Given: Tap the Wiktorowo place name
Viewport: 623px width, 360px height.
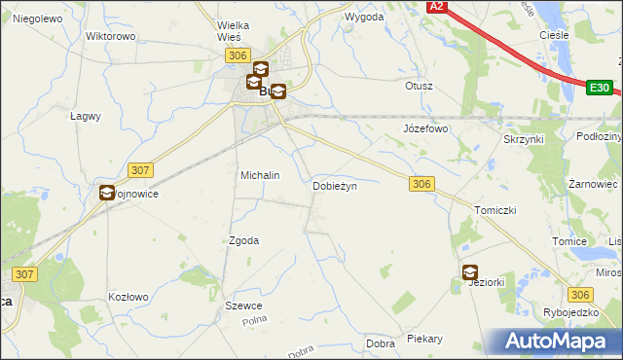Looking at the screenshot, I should pos(110,36).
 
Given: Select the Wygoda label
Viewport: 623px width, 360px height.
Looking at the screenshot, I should pos(364,18).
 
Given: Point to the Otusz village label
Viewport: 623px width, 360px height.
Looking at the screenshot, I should pos(419,86).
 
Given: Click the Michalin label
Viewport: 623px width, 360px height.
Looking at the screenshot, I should pos(260,175).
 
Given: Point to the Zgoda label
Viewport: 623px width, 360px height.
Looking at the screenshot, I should pos(243,240).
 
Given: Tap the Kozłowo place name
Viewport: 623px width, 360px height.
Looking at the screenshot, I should pos(128,297).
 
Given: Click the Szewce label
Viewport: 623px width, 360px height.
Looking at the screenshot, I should pos(243,306).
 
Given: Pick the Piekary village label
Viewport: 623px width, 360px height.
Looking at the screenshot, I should pos(424,340).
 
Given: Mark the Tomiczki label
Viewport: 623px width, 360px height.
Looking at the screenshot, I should pos(495,210).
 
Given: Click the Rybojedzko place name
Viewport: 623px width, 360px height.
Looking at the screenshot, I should pos(572,312).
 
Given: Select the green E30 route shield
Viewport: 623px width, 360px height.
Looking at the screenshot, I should pos(600,88).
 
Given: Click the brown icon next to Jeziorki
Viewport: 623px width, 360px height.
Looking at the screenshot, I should pos(470,272).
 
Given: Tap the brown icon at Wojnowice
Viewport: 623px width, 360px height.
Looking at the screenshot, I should pos(105,193).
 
